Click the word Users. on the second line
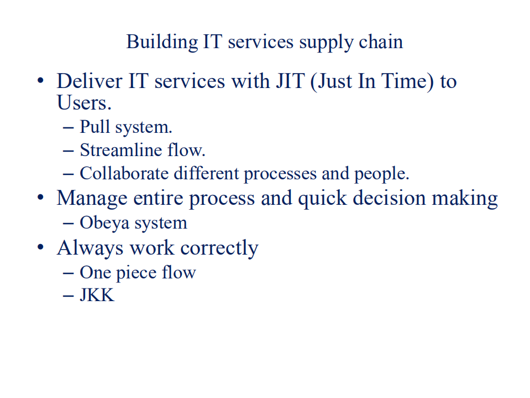[x=84, y=103]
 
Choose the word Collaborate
[x=124, y=173]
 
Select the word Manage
[x=93, y=198]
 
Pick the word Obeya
[x=103, y=223]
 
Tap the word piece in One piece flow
[x=137, y=272]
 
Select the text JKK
[x=97, y=295]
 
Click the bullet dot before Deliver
[x=40, y=82]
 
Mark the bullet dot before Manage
[x=40, y=198]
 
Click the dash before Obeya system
[x=69, y=224]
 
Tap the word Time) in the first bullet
[x=408, y=81]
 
